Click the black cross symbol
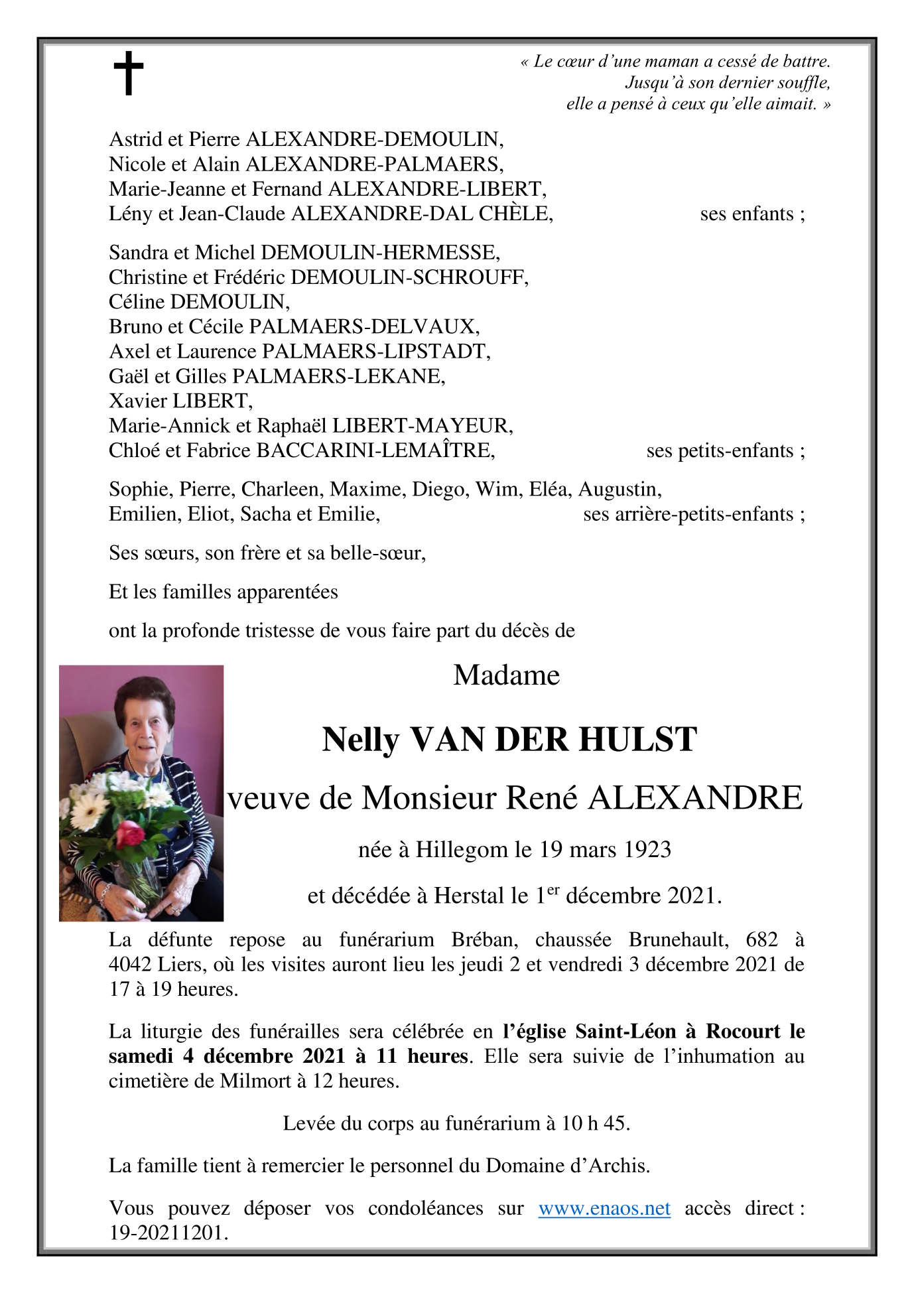click(x=128, y=73)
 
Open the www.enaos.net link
click(x=604, y=1208)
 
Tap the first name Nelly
click(x=360, y=740)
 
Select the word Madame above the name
click(x=507, y=675)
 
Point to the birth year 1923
click(x=646, y=849)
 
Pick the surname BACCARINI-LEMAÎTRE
click(x=375, y=450)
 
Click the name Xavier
click(x=137, y=401)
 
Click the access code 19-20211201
click(x=168, y=1233)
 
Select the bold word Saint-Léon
click(x=625, y=1031)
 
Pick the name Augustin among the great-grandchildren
click(x=619, y=489)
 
